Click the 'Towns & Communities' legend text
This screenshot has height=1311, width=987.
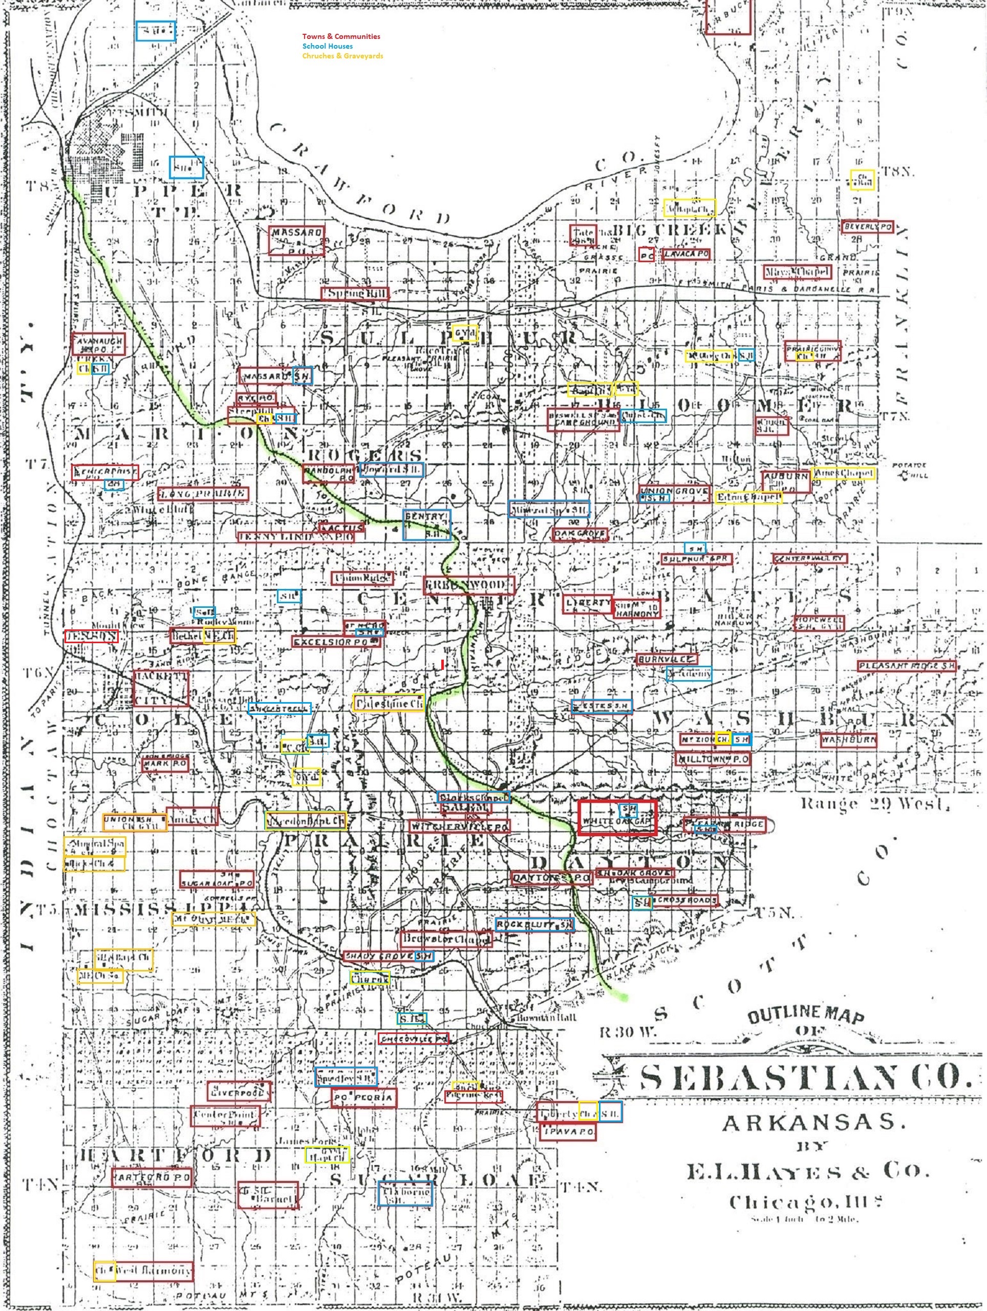[x=341, y=37]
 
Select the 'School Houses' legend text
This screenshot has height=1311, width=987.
[x=327, y=46]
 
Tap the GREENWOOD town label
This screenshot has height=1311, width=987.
[x=468, y=585]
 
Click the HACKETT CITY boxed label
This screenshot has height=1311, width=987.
[x=161, y=688]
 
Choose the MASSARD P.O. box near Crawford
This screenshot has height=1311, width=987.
[x=296, y=241]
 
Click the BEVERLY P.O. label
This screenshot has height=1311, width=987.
[x=867, y=227]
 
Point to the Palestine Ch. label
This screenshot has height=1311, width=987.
[x=388, y=703]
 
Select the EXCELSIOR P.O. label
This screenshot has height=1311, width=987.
[x=336, y=641]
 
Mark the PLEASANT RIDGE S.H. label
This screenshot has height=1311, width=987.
[x=907, y=666]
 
